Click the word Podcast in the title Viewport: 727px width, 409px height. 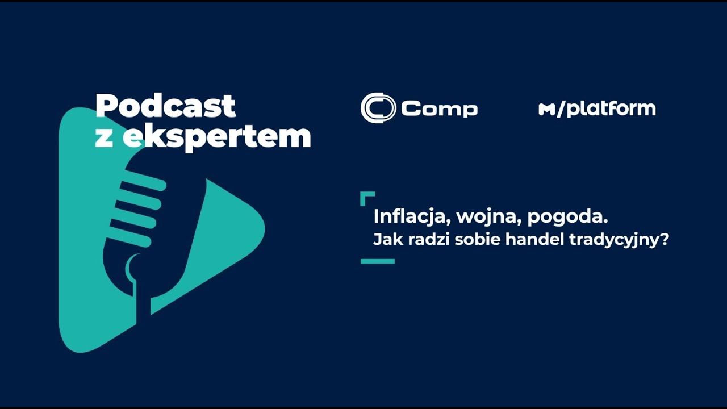click(x=165, y=106)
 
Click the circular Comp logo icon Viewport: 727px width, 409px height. click(x=378, y=107)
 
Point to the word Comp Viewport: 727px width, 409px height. click(x=440, y=108)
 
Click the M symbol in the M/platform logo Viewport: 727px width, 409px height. click(x=546, y=110)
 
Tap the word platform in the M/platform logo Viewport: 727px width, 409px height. click(x=611, y=108)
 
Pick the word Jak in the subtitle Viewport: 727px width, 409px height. click(x=383, y=240)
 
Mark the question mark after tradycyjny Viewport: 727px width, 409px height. click(x=665, y=240)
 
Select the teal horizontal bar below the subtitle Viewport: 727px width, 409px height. click(x=378, y=261)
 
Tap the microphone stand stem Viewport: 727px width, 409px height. click(x=136, y=295)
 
